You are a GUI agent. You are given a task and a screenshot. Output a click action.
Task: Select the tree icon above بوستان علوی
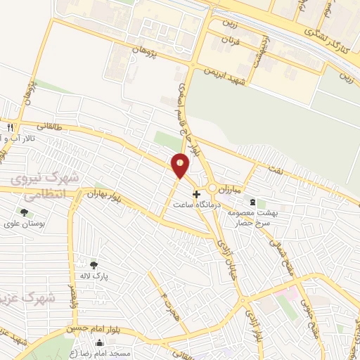(24, 212)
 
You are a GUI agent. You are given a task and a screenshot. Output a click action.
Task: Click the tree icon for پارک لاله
(94, 264)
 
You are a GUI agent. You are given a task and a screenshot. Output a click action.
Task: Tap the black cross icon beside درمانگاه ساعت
(196, 193)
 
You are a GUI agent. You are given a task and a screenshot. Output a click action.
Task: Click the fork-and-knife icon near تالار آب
(10, 128)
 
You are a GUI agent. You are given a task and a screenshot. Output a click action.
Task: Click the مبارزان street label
(228, 191)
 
